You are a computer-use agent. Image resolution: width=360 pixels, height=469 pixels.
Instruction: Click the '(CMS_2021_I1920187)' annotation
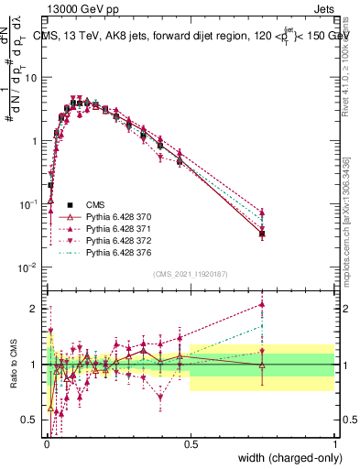coord(190,274)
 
